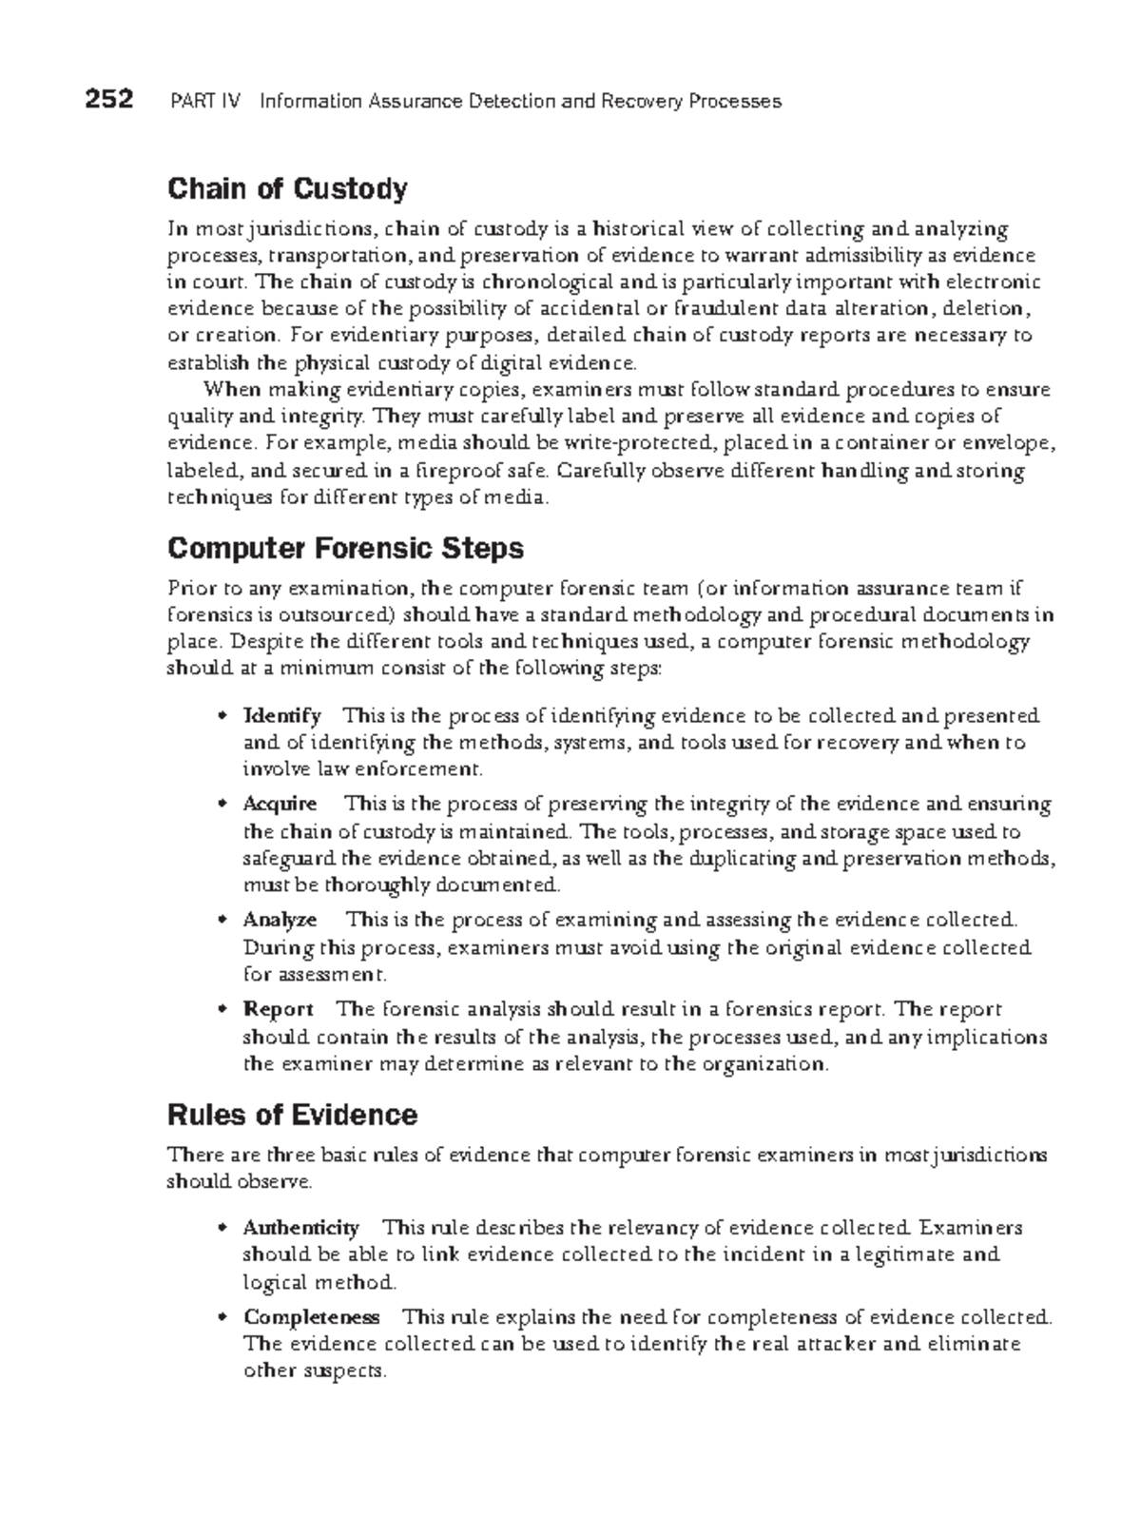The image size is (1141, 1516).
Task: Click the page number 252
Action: [x=108, y=100]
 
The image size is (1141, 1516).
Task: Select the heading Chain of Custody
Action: [x=287, y=189]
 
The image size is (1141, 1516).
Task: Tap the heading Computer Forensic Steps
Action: [x=345, y=549]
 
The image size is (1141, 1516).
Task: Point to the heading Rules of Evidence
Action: [x=292, y=1115]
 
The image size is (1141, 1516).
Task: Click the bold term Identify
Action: [x=282, y=715]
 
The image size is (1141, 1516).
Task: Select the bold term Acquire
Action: [x=280, y=805]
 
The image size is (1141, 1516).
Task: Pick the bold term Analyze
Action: [x=280, y=920]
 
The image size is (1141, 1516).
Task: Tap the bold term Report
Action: [x=279, y=1009]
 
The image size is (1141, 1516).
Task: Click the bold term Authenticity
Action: [x=300, y=1228]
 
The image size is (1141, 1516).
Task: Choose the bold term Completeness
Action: [x=312, y=1317]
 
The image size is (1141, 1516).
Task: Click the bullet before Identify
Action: [x=222, y=716]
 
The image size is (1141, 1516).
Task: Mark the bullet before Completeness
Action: [x=222, y=1318]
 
